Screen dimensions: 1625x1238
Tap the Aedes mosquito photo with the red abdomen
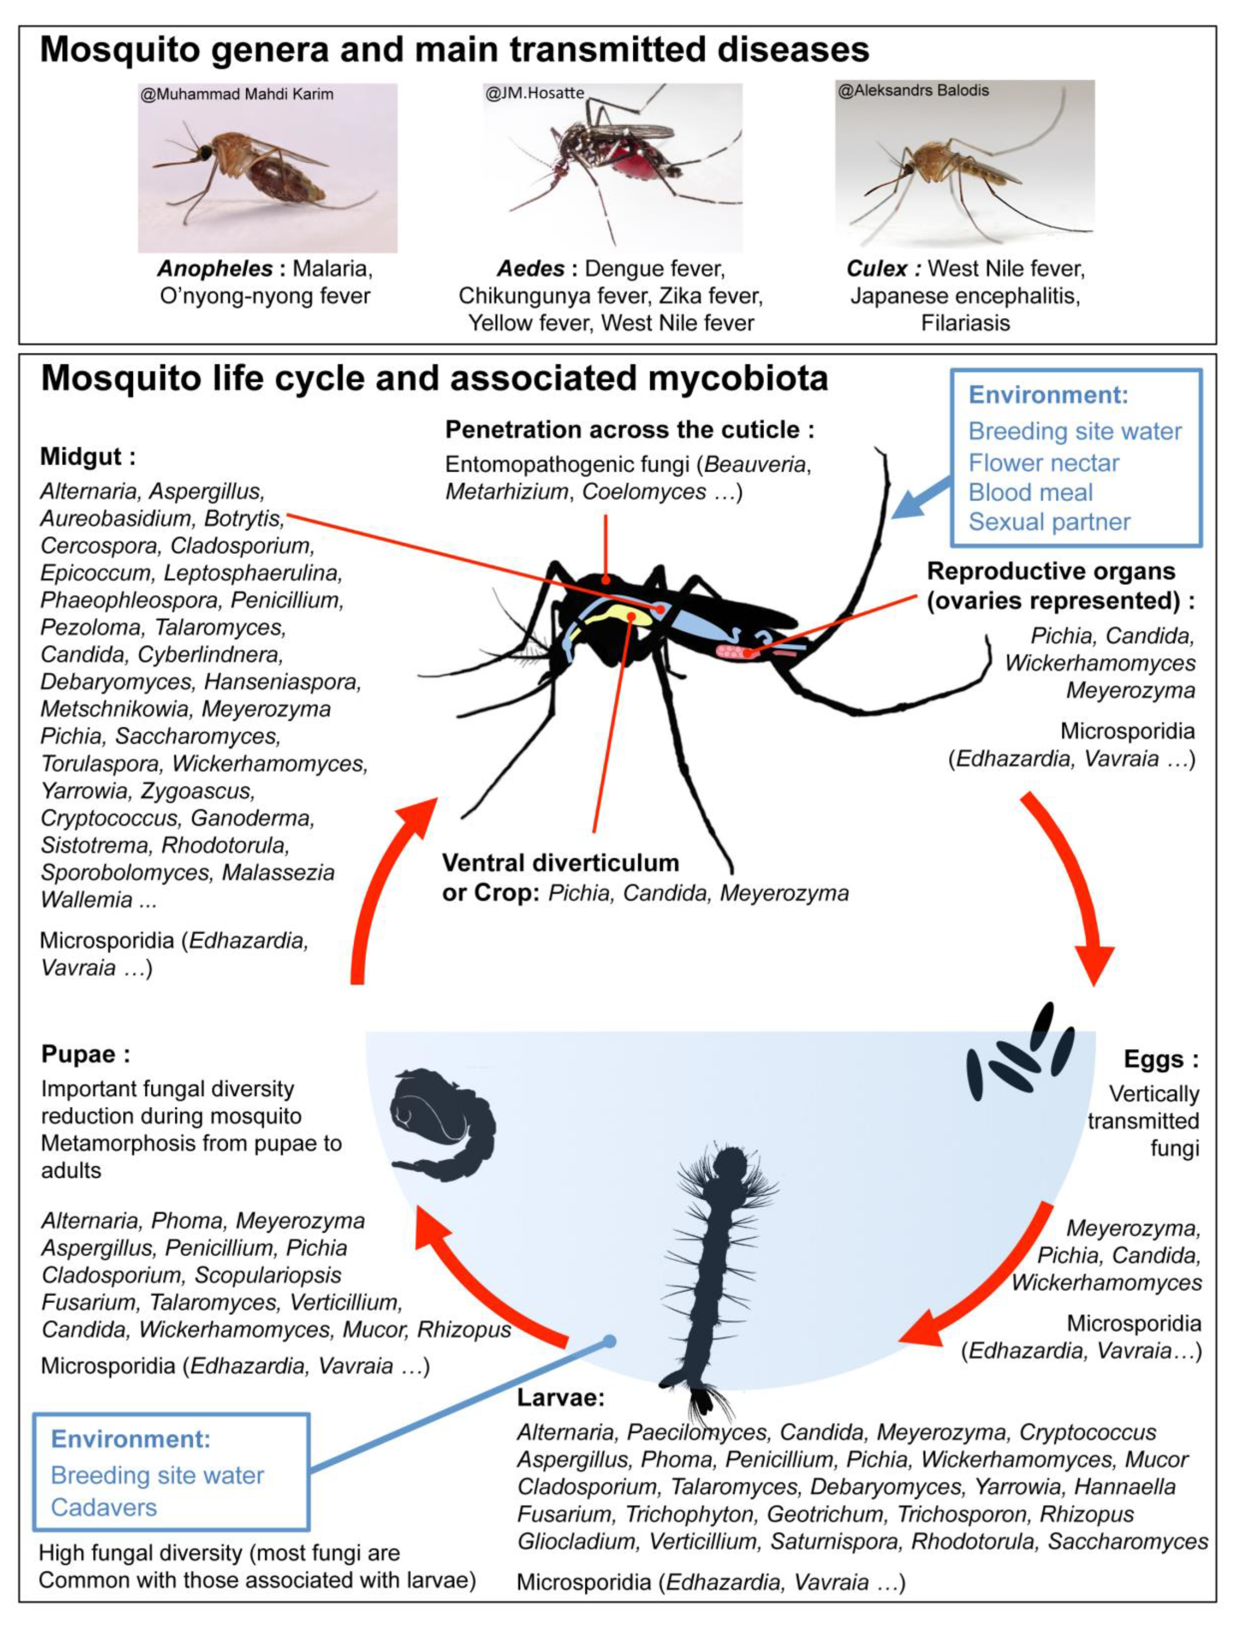tap(611, 168)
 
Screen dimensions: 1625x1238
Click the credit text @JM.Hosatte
tap(535, 93)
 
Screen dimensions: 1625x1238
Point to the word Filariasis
tap(966, 323)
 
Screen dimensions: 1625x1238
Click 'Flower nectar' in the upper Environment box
tap(1043, 463)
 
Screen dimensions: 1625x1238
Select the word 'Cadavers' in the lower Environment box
tap(104, 1507)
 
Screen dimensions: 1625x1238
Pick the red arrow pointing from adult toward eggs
tap(1072, 884)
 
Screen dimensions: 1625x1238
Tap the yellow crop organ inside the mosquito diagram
tap(615, 615)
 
